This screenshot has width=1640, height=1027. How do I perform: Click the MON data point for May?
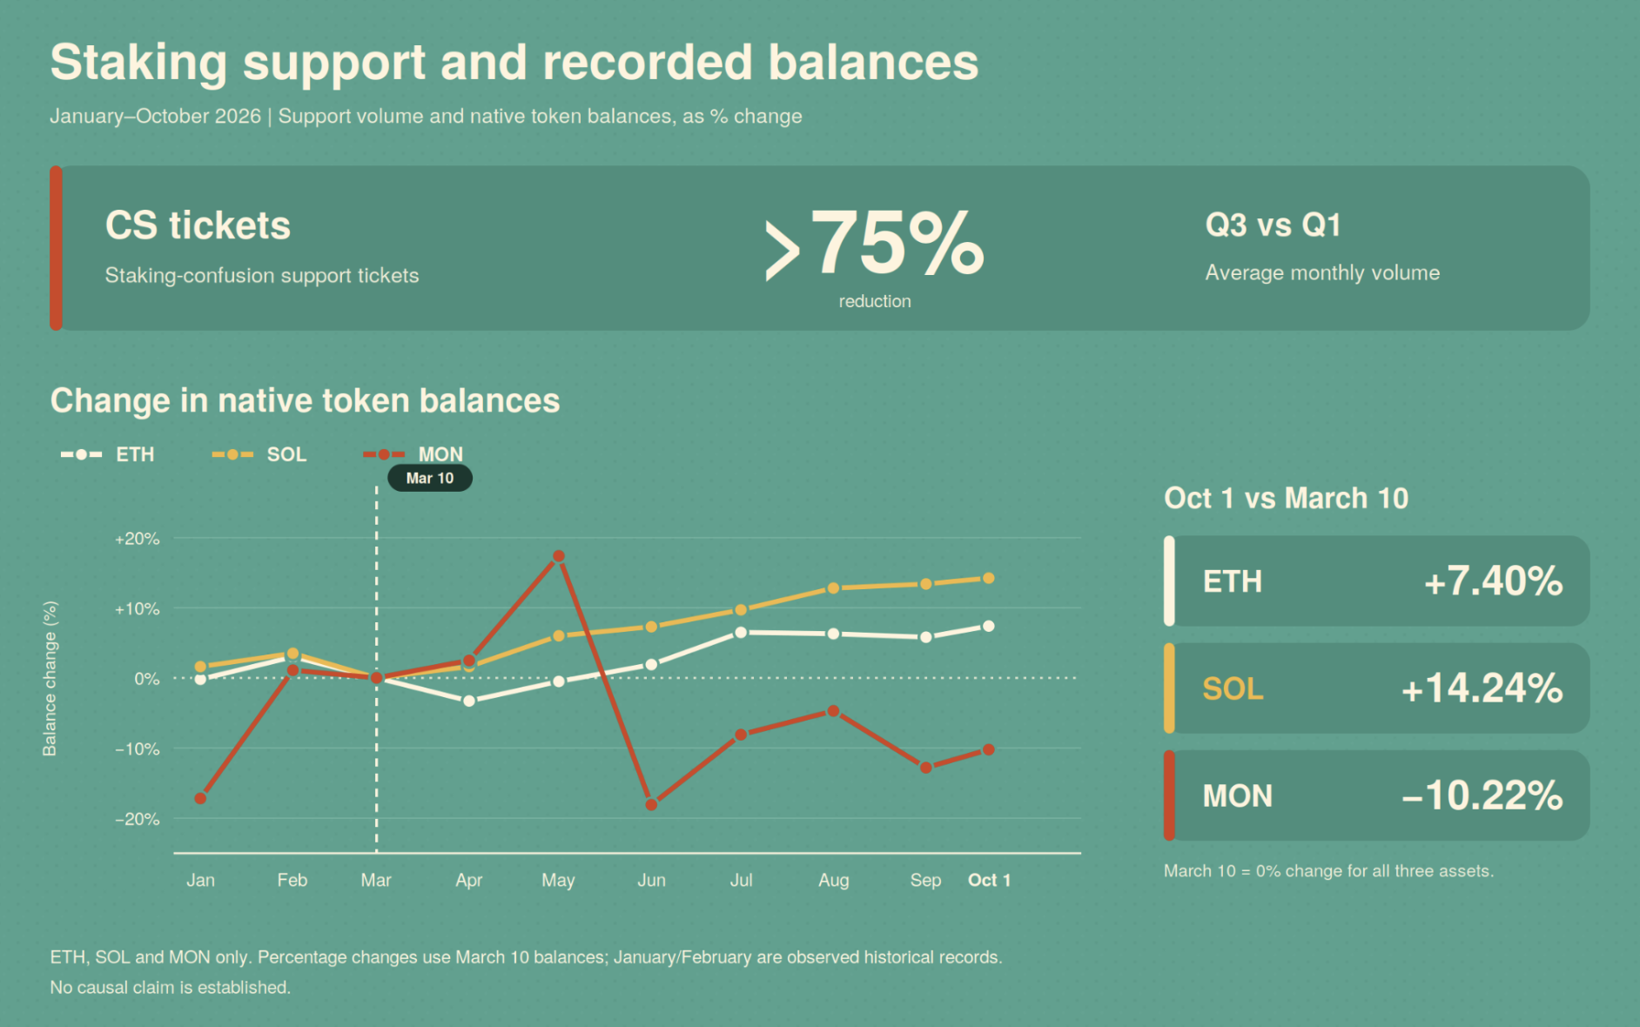[559, 556]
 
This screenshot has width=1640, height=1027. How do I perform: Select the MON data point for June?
[651, 805]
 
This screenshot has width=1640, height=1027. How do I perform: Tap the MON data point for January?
[200, 798]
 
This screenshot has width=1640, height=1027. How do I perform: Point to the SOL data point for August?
[833, 588]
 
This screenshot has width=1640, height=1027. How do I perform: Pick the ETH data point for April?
[469, 701]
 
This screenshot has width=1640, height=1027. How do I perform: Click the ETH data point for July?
[741, 633]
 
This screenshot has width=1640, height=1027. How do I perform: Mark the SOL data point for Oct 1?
[989, 578]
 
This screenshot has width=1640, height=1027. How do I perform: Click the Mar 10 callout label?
[430, 478]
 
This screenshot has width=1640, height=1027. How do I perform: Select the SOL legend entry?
[259, 454]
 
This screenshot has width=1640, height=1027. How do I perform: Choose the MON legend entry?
[413, 454]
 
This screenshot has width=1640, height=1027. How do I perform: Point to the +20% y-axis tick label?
[138, 539]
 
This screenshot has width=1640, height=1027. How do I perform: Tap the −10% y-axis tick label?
[138, 748]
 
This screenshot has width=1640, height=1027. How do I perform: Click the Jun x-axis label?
[651, 880]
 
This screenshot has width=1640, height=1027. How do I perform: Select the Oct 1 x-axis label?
[990, 880]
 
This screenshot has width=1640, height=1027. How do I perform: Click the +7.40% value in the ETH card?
[1494, 581]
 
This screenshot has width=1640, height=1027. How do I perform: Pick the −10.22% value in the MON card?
[1482, 795]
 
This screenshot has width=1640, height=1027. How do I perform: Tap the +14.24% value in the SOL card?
[1482, 688]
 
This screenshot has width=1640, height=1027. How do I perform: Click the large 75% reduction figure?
[875, 244]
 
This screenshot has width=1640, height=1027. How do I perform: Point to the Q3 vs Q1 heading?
[1273, 225]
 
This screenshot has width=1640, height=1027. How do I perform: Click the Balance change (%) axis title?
[50, 679]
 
